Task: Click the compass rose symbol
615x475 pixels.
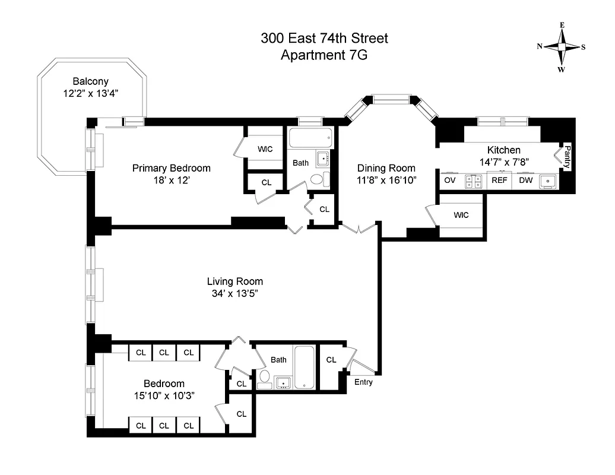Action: coord(561,47)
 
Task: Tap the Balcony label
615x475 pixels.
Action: coord(90,81)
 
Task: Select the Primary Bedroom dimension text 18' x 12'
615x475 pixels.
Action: coord(171,179)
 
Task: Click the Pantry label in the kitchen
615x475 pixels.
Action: coord(567,157)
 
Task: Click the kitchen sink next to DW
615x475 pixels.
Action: coord(548,180)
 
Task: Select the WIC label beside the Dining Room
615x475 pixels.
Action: coord(461,215)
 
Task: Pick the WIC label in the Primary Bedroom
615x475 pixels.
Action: coord(265,149)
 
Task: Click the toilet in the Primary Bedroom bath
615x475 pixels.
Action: coord(317,179)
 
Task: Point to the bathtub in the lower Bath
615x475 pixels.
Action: coord(305,367)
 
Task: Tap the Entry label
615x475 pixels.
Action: coord(363,382)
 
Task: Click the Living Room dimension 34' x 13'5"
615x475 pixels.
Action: coord(234,293)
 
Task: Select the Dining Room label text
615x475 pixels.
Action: coord(385,168)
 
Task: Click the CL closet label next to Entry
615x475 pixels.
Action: coord(331,360)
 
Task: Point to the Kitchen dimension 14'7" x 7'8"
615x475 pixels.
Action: coord(504,161)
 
